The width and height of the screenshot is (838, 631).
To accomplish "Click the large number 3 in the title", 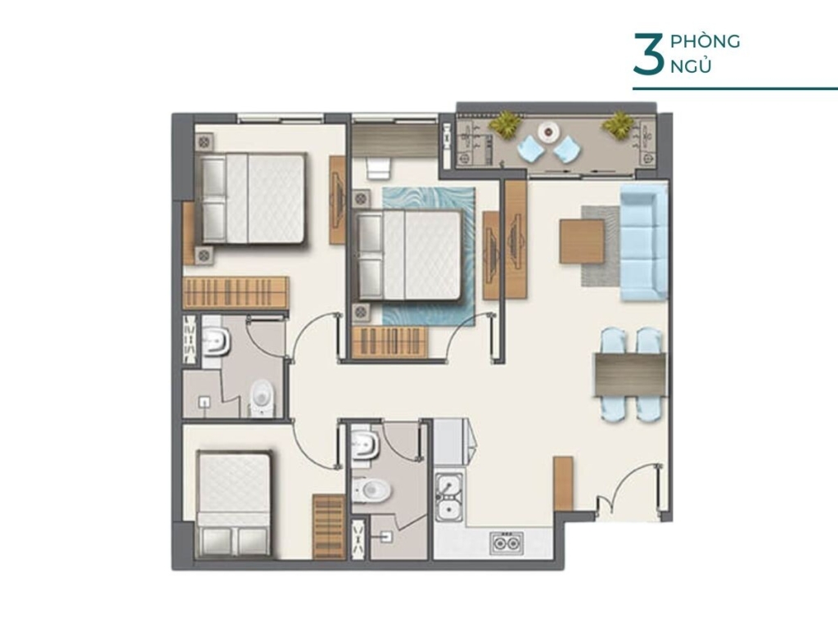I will tap(647, 56).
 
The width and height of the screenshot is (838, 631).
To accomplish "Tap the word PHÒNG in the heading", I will tap(705, 42).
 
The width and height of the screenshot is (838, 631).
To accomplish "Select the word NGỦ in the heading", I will tap(690, 66).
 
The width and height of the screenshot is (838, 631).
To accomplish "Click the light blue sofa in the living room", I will tap(643, 242).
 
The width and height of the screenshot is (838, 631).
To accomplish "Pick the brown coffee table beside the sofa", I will tap(582, 241).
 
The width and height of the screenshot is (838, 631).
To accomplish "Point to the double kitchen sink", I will tap(448, 497).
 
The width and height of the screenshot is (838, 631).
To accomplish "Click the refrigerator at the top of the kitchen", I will tap(449, 442).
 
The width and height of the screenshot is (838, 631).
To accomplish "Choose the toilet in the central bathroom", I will tap(372, 490).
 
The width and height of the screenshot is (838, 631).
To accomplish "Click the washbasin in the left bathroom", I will tap(214, 342).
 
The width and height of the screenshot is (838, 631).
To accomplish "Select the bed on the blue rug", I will tap(411, 255).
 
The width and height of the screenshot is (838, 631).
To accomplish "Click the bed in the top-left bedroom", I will tap(253, 198).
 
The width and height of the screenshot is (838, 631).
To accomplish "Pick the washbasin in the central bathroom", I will tap(364, 446).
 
